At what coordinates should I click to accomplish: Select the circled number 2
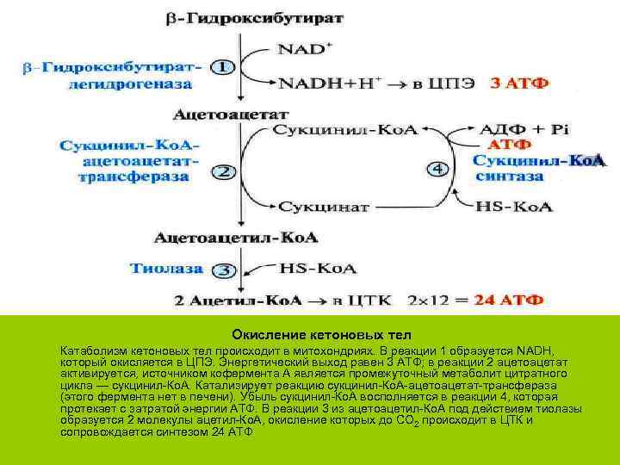click(223, 172)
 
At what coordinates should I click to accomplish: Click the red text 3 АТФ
click(518, 84)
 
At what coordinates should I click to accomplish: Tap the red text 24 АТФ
click(512, 301)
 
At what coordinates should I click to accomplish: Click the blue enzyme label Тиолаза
click(167, 269)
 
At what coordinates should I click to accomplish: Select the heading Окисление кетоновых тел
click(321, 334)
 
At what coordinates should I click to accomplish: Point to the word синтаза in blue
click(513, 177)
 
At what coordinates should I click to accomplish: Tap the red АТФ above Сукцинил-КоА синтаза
click(510, 145)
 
